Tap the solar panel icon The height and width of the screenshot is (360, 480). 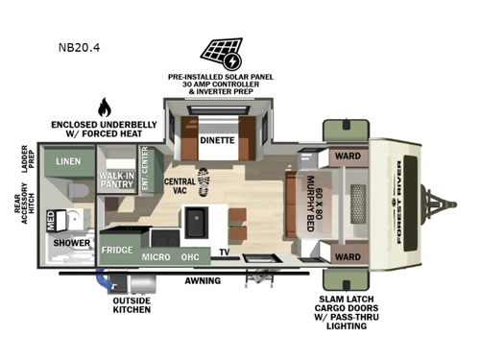[221, 52]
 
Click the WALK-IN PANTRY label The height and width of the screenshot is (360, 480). [116, 180]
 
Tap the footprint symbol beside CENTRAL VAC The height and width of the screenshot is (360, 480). [203, 180]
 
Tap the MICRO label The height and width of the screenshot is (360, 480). [157, 257]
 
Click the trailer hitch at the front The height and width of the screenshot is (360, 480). [444, 204]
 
